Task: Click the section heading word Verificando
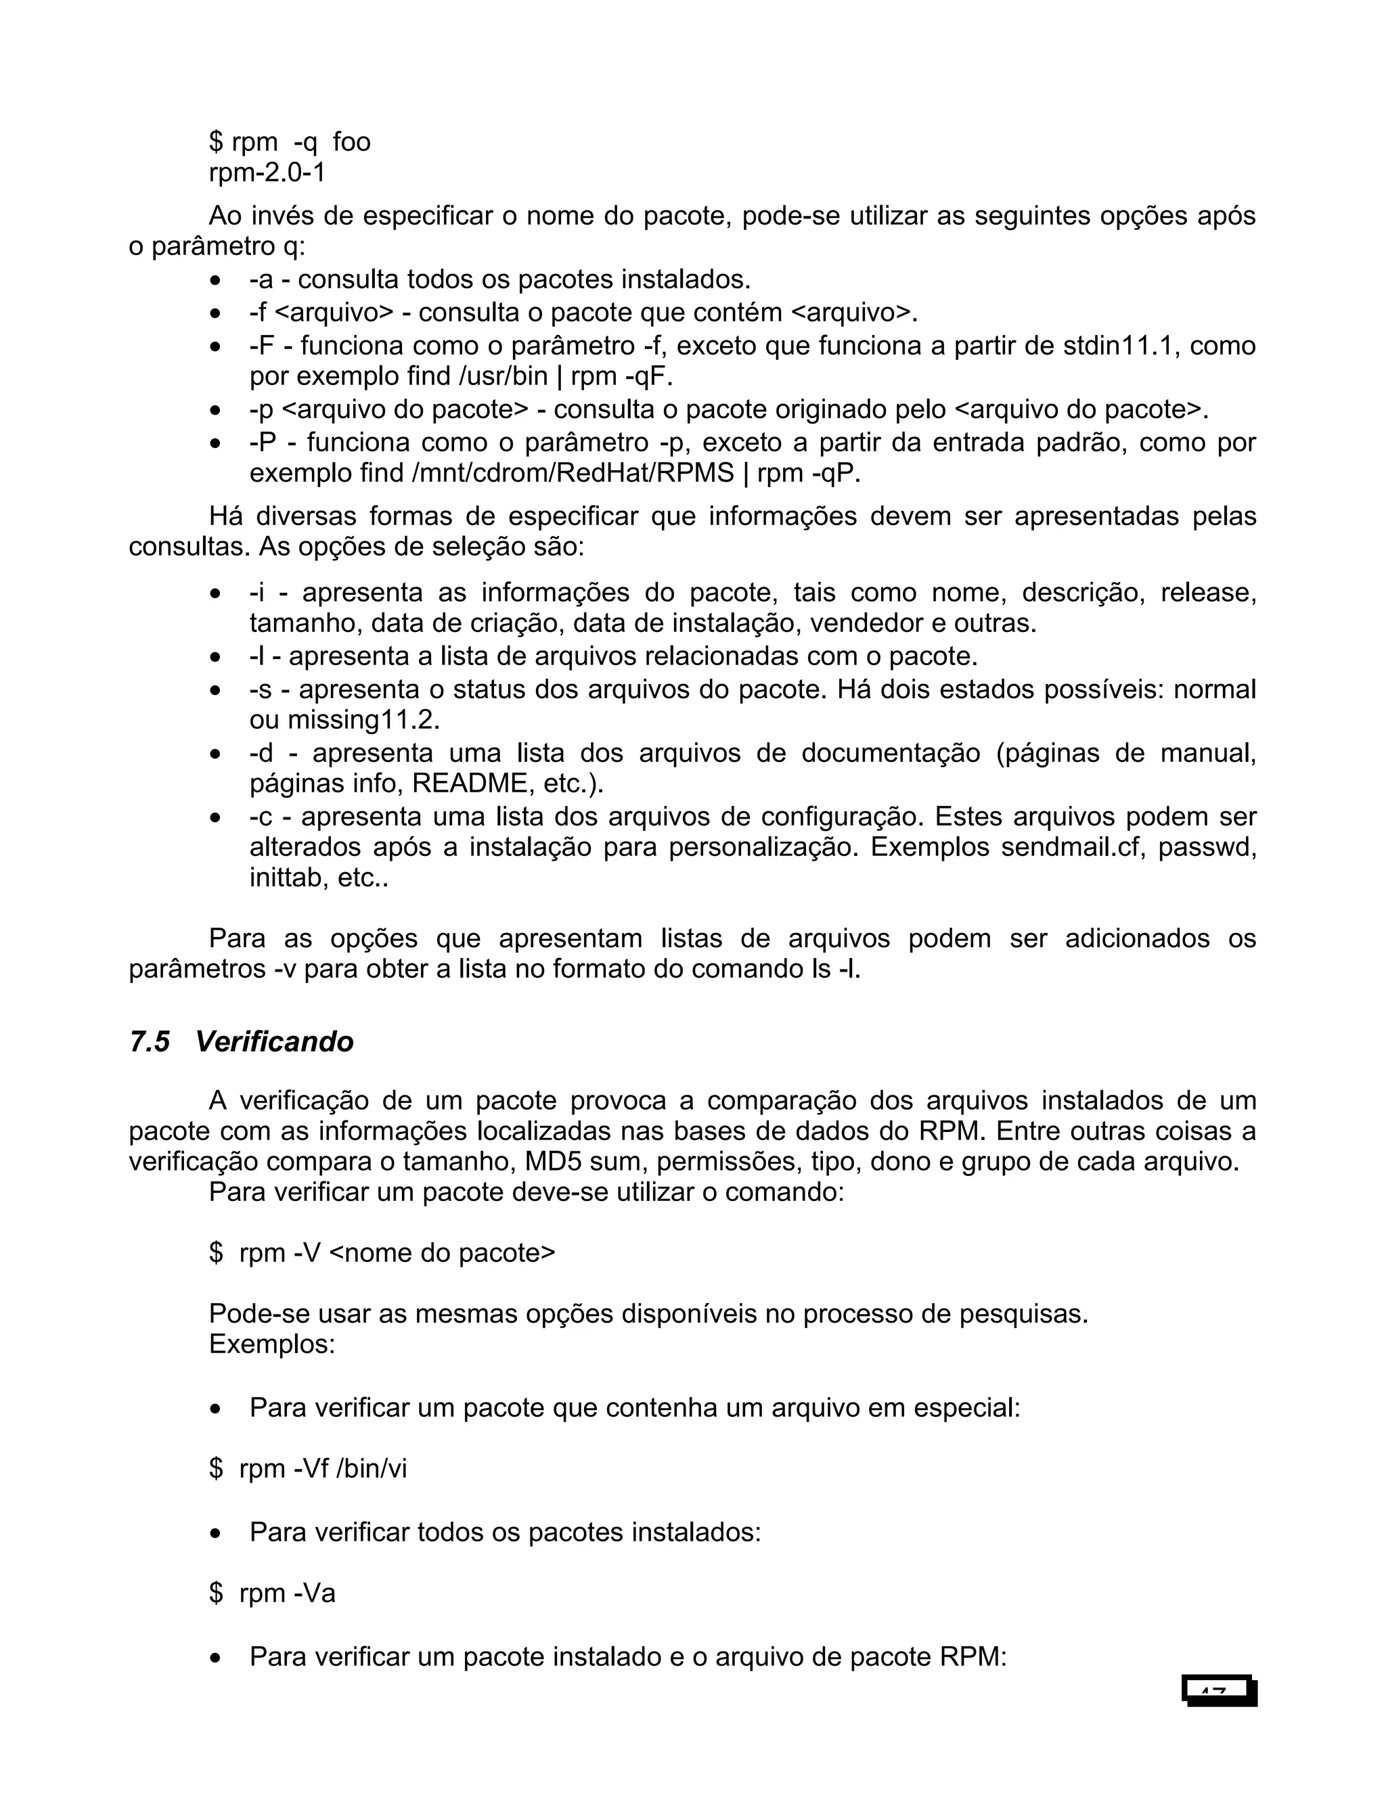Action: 274,1042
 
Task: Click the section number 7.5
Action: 150,1042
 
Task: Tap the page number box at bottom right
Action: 1220,1690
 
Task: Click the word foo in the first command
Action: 351,142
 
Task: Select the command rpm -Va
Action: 288,1593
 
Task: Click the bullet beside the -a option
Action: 215,281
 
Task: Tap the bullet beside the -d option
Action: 215,754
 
